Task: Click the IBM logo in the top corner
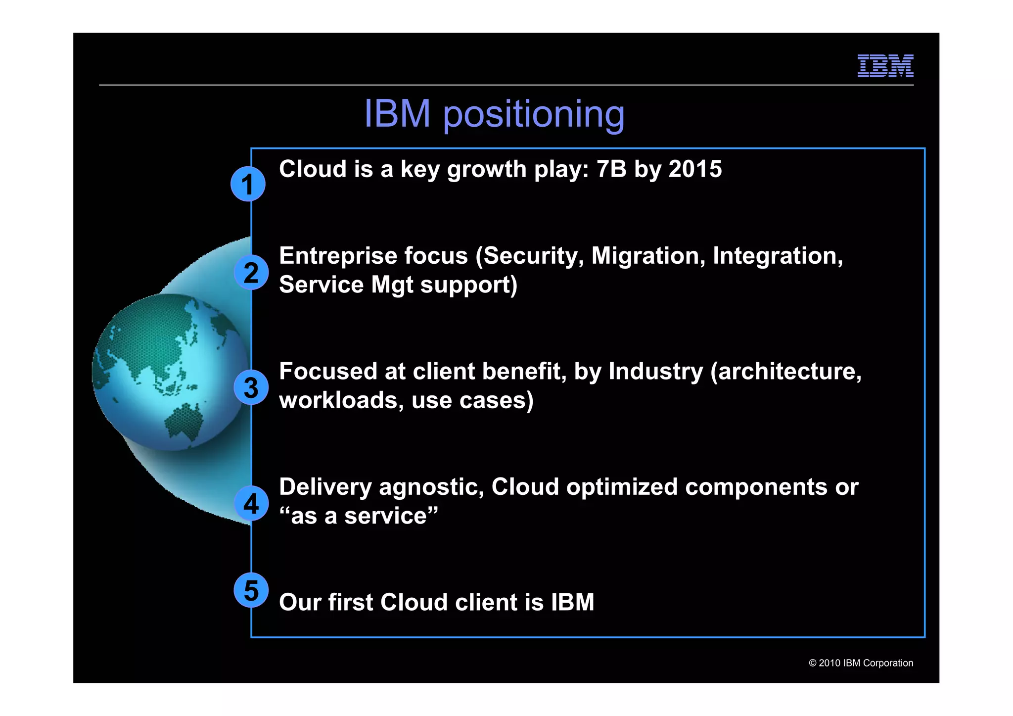[885, 66]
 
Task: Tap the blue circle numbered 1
[248, 185]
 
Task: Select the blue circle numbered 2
[251, 273]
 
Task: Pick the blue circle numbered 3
[251, 387]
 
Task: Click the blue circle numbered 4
[251, 503]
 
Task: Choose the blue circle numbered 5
[251, 590]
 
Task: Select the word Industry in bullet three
[655, 372]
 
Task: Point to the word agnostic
[431, 487]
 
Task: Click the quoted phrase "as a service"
[359, 516]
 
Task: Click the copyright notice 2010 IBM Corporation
[861, 663]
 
